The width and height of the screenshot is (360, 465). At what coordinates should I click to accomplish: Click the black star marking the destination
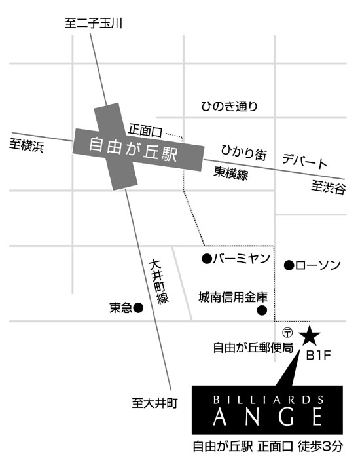(x=310, y=336)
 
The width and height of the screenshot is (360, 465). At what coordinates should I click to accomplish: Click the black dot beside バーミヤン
(x=207, y=259)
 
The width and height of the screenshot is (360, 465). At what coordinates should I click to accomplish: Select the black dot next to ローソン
(x=289, y=265)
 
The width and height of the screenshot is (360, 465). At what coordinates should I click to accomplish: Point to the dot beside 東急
(x=138, y=308)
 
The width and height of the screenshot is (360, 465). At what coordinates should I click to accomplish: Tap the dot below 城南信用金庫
(x=262, y=310)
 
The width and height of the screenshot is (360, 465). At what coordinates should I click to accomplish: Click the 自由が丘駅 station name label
(x=133, y=150)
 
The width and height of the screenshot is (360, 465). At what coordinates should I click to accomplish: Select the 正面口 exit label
(x=145, y=130)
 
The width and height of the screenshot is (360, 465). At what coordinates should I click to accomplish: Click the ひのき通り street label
(x=229, y=106)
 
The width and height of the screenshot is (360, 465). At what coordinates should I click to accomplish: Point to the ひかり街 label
(x=244, y=153)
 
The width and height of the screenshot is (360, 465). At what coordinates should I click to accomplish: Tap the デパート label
(x=304, y=160)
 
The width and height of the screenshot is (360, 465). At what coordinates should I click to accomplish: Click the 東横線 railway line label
(x=231, y=173)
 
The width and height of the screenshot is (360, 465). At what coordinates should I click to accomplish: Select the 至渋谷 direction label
(x=329, y=187)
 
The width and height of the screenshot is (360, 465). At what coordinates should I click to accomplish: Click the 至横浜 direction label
(x=27, y=145)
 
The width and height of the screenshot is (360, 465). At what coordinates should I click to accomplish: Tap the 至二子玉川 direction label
(x=94, y=23)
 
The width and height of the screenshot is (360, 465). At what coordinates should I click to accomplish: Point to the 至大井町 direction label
(x=154, y=403)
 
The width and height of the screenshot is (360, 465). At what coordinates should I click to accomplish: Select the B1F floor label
(x=318, y=355)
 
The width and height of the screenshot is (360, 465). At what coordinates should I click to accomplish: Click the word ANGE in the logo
(x=268, y=417)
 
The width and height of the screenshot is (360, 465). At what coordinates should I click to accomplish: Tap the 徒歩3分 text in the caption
(x=321, y=446)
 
